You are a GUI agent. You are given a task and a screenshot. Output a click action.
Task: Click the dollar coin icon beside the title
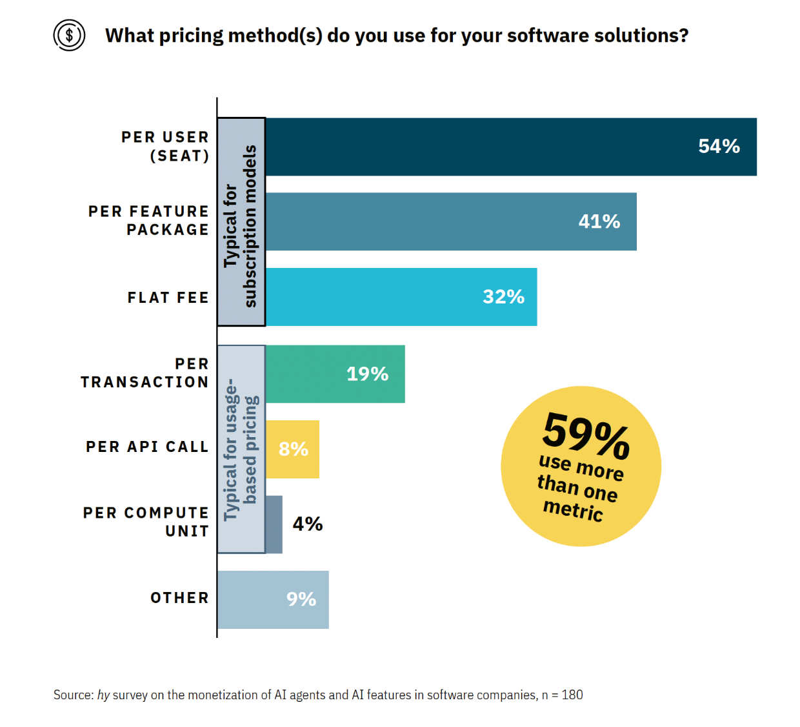click(69, 35)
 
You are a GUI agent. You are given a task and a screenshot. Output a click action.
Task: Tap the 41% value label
click(599, 221)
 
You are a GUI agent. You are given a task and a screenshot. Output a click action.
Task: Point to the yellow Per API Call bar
click(292, 449)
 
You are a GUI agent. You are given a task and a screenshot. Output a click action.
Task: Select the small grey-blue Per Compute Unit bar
click(274, 524)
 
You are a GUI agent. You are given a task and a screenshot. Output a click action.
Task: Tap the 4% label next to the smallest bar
click(308, 524)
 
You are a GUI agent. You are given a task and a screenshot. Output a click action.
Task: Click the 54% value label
click(719, 147)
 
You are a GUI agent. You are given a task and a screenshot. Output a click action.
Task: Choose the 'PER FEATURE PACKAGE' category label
click(149, 221)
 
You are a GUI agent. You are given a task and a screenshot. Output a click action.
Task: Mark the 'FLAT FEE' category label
click(168, 298)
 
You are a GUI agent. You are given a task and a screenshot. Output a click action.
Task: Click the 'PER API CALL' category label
click(148, 447)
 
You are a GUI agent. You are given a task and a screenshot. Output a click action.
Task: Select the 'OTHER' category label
click(180, 598)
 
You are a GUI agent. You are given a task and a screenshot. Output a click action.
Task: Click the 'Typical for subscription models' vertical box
click(241, 222)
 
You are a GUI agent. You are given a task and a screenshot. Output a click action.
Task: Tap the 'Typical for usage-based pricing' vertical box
click(241, 449)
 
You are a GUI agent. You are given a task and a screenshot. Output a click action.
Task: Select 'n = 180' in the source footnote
click(562, 695)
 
